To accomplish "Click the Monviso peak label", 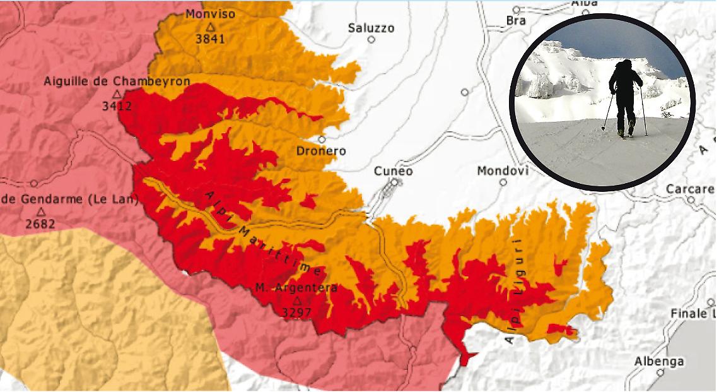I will [x=210, y=13].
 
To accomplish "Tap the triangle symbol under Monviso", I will [x=211, y=27].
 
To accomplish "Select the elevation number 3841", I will [x=211, y=39].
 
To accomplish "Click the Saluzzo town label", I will [x=371, y=28].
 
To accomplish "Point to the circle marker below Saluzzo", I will [x=371, y=40].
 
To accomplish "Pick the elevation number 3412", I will [x=117, y=106].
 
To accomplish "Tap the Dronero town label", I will [x=321, y=151].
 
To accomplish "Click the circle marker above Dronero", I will [x=322, y=140].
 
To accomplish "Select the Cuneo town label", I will [x=393, y=171].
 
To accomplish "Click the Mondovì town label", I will [x=502, y=171].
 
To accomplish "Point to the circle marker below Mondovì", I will [x=503, y=182].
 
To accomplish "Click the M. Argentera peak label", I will [x=296, y=288].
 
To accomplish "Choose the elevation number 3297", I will [x=296, y=312].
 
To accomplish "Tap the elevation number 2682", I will [x=40, y=223].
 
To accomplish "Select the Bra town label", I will [x=515, y=20].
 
